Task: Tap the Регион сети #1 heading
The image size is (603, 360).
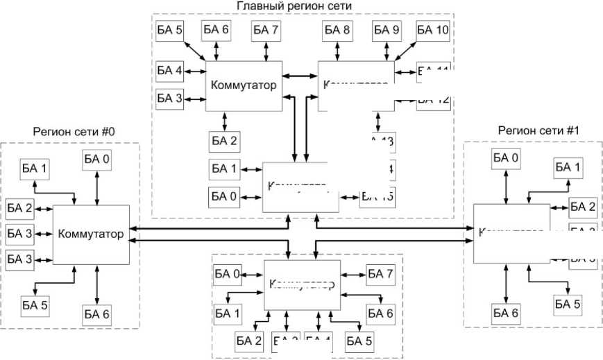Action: (534, 130)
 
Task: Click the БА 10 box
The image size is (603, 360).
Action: (434, 31)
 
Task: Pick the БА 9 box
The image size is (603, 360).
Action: (386, 31)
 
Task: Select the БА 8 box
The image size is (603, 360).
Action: (337, 31)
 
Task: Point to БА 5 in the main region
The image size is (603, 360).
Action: (169, 31)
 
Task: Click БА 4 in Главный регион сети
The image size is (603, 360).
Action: (169, 70)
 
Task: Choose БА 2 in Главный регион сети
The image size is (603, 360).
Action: (223, 142)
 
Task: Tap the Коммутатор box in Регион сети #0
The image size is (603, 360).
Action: (92, 234)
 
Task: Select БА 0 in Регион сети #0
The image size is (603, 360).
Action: (97, 160)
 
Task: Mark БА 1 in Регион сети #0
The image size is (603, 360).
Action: (35, 169)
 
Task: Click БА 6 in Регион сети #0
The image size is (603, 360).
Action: (96, 314)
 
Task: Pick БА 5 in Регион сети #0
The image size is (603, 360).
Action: (35, 304)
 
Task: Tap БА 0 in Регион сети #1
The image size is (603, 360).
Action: (506, 158)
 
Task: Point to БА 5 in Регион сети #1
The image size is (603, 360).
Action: (567, 303)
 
